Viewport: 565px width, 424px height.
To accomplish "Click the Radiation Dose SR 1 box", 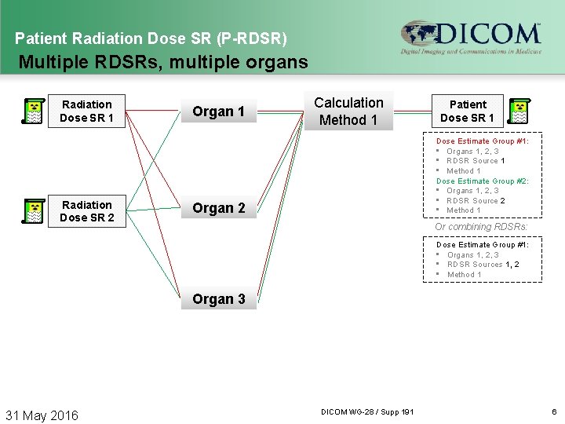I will (x=86, y=111).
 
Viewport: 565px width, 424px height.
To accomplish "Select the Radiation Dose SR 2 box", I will (x=86, y=211).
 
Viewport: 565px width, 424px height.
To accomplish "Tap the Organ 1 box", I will (x=218, y=111).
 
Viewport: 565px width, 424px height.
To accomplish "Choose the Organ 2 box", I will (x=218, y=208).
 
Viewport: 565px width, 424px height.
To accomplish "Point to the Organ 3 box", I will (x=218, y=299).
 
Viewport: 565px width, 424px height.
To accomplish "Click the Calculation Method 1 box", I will (x=348, y=111).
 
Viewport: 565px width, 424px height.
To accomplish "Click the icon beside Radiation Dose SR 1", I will (x=32, y=111).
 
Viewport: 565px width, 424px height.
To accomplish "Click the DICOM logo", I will (x=470, y=37).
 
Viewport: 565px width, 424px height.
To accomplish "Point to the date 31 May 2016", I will (x=42, y=415).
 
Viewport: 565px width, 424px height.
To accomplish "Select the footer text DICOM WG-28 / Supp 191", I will (x=367, y=412).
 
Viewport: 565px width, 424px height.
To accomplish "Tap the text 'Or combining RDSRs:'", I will (x=481, y=227).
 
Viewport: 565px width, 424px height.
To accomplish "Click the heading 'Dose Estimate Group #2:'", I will (x=482, y=181).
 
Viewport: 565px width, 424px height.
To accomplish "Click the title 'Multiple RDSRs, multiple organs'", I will (x=162, y=61).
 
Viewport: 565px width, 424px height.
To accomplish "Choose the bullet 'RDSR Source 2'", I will (x=476, y=200).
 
